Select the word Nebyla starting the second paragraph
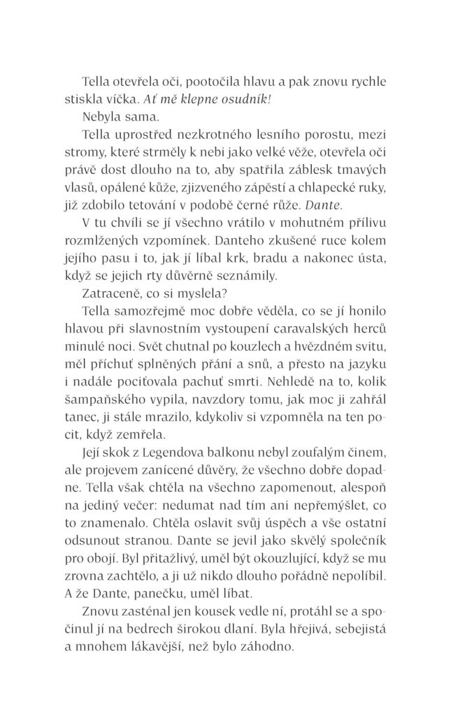click(x=101, y=119)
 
